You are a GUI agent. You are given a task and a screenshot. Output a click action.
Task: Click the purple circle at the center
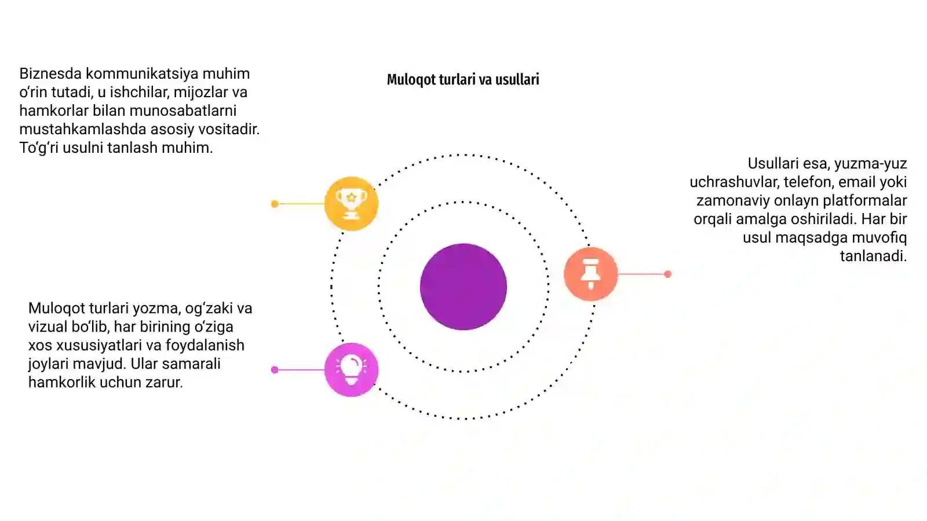click(463, 287)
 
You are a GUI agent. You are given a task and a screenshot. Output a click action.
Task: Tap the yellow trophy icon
click(351, 203)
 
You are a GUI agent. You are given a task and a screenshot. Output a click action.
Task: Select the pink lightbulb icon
click(351, 370)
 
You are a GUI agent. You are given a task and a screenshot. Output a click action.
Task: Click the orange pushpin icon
click(590, 274)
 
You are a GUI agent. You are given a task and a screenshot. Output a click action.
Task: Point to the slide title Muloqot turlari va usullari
click(463, 79)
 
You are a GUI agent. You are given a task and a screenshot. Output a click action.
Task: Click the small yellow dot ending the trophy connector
click(275, 204)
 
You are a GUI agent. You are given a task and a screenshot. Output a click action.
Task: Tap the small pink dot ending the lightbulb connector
click(275, 370)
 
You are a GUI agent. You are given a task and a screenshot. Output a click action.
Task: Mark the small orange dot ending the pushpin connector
click(667, 274)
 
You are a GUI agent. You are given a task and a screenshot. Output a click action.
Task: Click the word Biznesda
click(50, 74)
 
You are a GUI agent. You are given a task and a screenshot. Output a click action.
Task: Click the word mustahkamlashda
click(83, 129)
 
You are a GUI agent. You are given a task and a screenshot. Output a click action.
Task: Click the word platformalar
click(864, 201)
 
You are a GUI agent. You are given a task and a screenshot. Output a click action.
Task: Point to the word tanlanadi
click(873, 256)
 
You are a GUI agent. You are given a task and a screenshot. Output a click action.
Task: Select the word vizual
click(48, 326)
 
